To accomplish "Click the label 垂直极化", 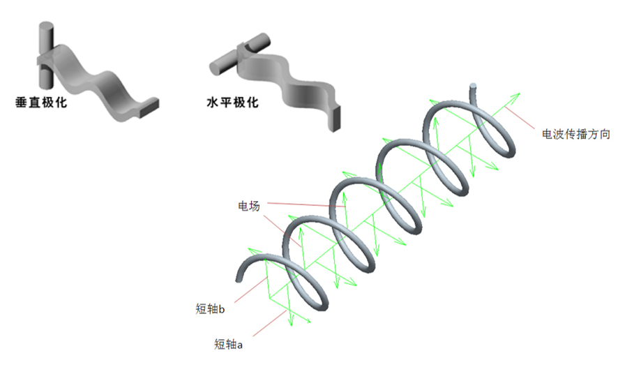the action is point(41,103).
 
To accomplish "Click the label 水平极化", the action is point(232,103).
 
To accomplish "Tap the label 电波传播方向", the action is point(576,134).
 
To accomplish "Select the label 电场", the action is point(249,206).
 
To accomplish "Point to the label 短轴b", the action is point(210,309).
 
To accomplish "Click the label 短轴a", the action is point(228,344).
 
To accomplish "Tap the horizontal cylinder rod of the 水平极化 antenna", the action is point(240,54).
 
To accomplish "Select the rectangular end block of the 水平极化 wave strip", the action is point(334,118).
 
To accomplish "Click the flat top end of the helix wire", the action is point(473,85).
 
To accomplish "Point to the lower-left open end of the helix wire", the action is point(239,280).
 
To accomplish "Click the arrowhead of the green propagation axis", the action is point(516,96).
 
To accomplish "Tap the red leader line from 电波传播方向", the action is point(520,118).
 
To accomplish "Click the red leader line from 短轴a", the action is point(269,323).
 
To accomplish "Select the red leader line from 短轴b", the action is point(250,290).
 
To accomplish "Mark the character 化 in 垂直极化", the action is point(61,103).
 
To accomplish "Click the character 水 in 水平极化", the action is point(213,103).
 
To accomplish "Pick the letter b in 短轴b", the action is point(222,309).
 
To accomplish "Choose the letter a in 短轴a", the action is point(239,345).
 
